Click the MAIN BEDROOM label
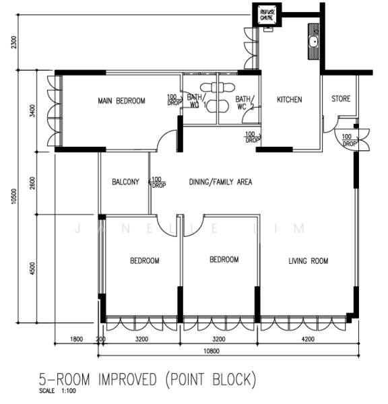[x=121, y=101]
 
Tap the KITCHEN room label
[x=290, y=100]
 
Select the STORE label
[x=341, y=99]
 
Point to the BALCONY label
[x=125, y=182]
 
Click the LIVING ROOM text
[x=308, y=261]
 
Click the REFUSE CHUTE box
[x=267, y=16]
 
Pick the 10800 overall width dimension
[x=227, y=351]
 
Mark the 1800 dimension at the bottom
[x=76, y=339]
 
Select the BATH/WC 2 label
[x=244, y=102]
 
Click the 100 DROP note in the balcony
[x=158, y=182]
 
